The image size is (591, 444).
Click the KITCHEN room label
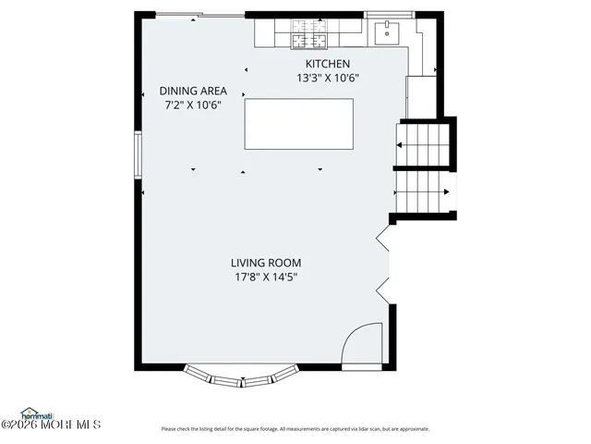[x=322, y=63]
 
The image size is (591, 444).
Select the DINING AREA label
[x=193, y=91]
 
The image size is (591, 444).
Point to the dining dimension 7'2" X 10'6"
[x=193, y=105]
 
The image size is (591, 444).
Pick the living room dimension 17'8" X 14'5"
[x=266, y=277]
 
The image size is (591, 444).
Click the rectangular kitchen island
[x=298, y=125]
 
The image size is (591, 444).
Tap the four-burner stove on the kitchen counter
[x=308, y=35]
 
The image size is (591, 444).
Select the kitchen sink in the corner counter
[x=385, y=33]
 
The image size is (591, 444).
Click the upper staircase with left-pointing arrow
[x=423, y=144]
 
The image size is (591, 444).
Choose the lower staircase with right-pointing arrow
[x=423, y=192]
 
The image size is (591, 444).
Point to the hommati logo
[x=37, y=413]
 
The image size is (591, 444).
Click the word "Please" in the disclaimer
[x=168, y=429]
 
